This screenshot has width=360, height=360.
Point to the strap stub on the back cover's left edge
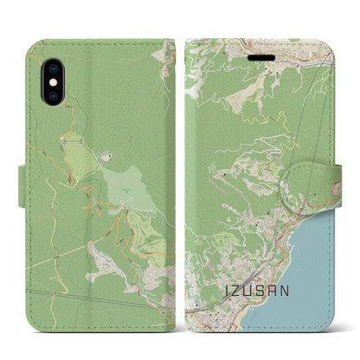(x=22, y=182)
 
